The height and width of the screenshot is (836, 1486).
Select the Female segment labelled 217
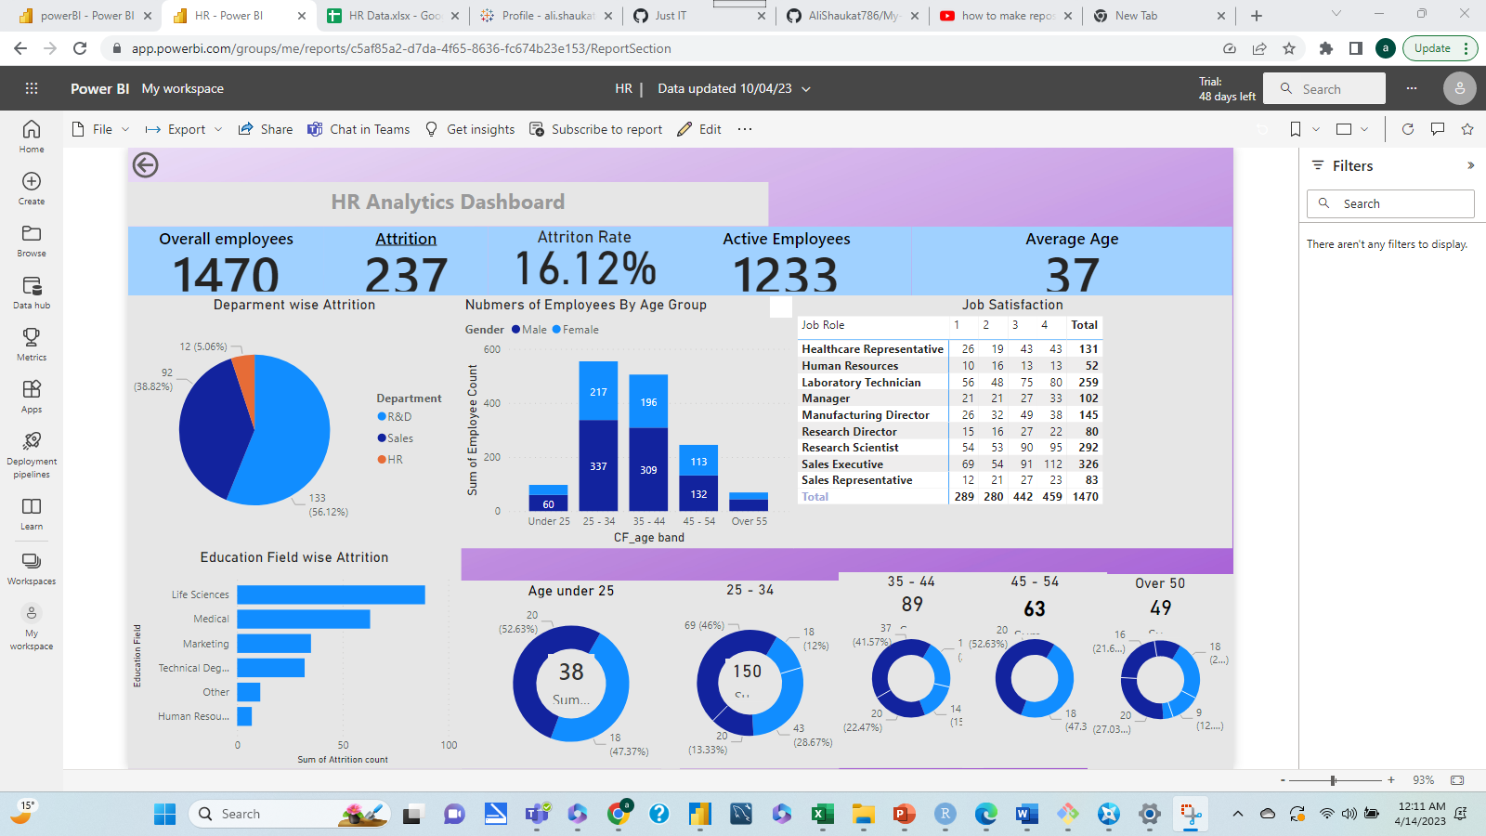(598, 391)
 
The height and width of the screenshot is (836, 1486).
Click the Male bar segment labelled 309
(648, 470)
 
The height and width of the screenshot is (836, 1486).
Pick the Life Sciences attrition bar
(331, 594)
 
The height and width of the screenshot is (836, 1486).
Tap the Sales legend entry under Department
(399, 438)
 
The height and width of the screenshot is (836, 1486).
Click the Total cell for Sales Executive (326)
(1088, 464)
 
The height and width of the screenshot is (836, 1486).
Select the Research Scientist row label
(850, 448)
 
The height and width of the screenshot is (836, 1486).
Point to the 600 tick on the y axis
(492, 350)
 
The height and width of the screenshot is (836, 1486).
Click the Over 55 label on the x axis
(749, 522)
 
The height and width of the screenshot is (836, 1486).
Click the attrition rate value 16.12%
(585, 269)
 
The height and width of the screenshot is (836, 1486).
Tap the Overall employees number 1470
(226, 275)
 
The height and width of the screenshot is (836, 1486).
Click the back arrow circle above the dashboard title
(145, 165)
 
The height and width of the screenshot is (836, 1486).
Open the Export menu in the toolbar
(185, 129)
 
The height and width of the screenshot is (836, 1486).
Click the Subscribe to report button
(596, 129)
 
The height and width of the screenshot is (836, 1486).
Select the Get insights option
(470, 129)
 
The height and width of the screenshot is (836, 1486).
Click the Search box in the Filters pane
(1390, 203)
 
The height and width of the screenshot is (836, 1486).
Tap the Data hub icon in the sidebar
(32, 292)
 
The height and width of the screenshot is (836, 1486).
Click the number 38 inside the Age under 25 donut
(571, 672)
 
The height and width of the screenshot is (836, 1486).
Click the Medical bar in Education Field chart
(303, 619)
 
